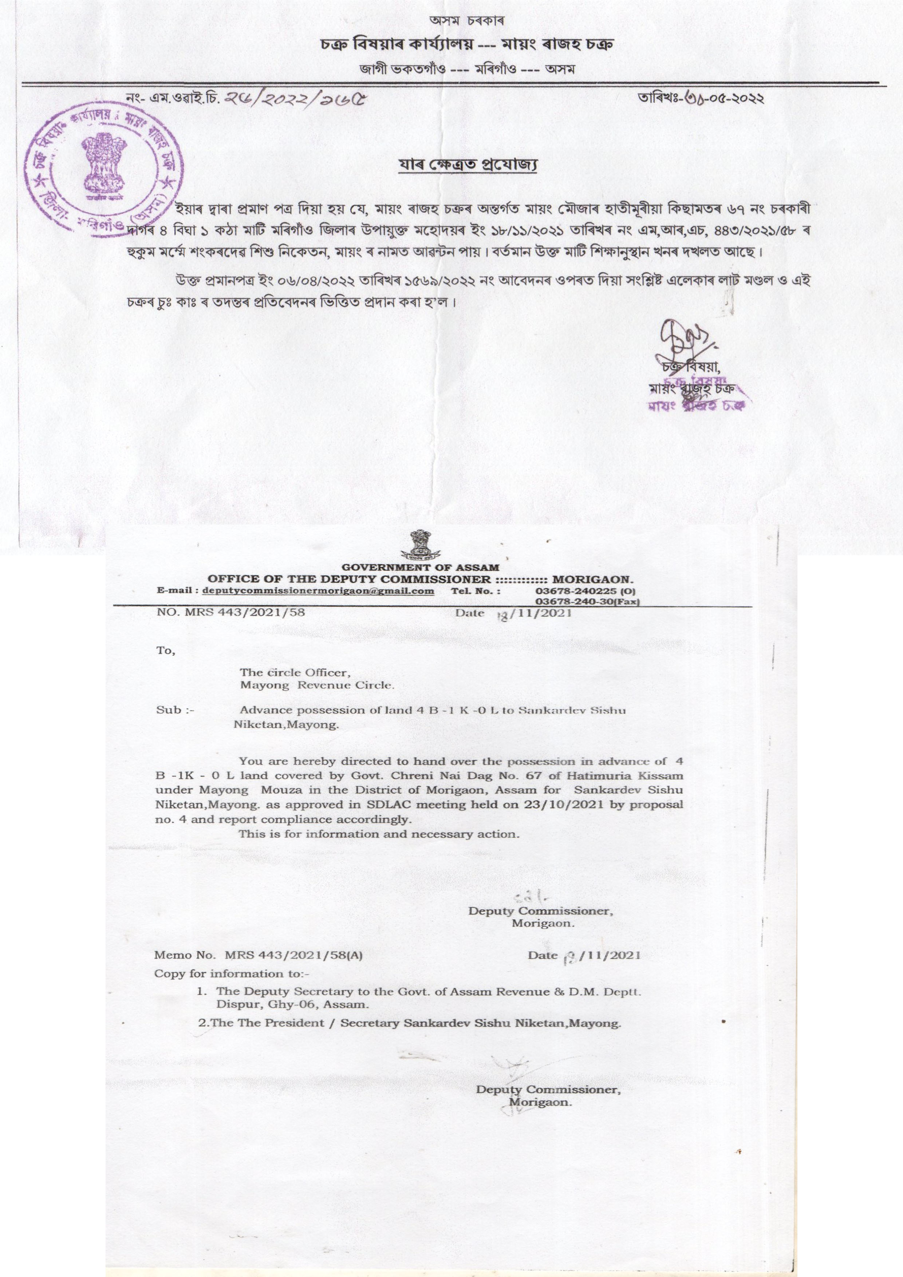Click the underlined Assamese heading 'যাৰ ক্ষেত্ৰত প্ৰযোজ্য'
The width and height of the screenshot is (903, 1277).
point(468,165)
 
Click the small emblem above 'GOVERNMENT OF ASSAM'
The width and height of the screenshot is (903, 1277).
point(420,545)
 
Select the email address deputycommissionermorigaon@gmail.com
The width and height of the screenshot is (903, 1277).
point(318,591)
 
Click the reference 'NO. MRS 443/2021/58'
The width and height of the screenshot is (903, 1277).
point(231,613)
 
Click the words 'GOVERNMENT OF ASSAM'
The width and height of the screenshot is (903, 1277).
point(420,567)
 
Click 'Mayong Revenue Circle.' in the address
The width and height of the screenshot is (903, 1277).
point(317,685)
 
